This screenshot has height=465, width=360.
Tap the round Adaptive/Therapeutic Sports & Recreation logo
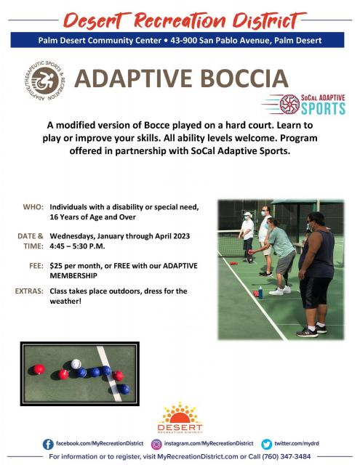pyautogui.click(x=45, y=81)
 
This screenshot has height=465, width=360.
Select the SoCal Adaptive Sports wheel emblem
pyautogui.click(x=289, y=104)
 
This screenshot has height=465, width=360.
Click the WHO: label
pyautogui.click(x=33, y=206)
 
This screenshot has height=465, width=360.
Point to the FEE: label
pyautogui.click(x=36, y=266)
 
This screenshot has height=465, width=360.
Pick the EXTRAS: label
pyautogui.click(x=29, y=291)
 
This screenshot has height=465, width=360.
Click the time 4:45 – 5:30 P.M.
pyautogui.click(x=78, y=246)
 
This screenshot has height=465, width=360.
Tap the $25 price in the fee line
pyautogui.click(x=56, y=266)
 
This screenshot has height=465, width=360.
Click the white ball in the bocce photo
pyautogui.click(x=76, y=364)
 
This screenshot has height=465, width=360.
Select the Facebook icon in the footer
pyautogui.click(x=48, y=444)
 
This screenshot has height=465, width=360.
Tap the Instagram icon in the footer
pyautogui.click(x=156, y=444)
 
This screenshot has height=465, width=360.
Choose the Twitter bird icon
pyautogui.click(x=266, y=444)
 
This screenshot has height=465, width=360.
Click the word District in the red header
pyautogui.click(x=267, y=21)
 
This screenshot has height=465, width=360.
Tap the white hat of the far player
pyautogui.click(x=247, y=214)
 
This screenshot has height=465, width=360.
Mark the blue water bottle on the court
pyautogui.click(x=260, y=292)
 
